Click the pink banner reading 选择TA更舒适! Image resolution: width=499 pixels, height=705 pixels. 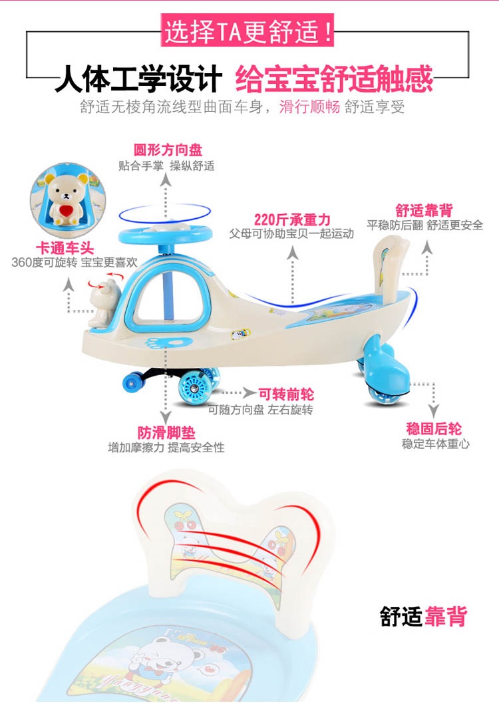coord(249,31)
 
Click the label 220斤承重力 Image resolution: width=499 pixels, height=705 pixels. coord(292,219)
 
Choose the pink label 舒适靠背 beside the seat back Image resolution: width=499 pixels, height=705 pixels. coord(424,210)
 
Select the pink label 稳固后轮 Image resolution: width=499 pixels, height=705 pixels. coord(434,429)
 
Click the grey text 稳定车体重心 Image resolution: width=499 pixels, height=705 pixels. coord(435,444)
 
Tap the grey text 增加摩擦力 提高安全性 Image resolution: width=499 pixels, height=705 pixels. coord(166,448)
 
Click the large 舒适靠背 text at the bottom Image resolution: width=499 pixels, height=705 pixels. coord(424,616)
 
